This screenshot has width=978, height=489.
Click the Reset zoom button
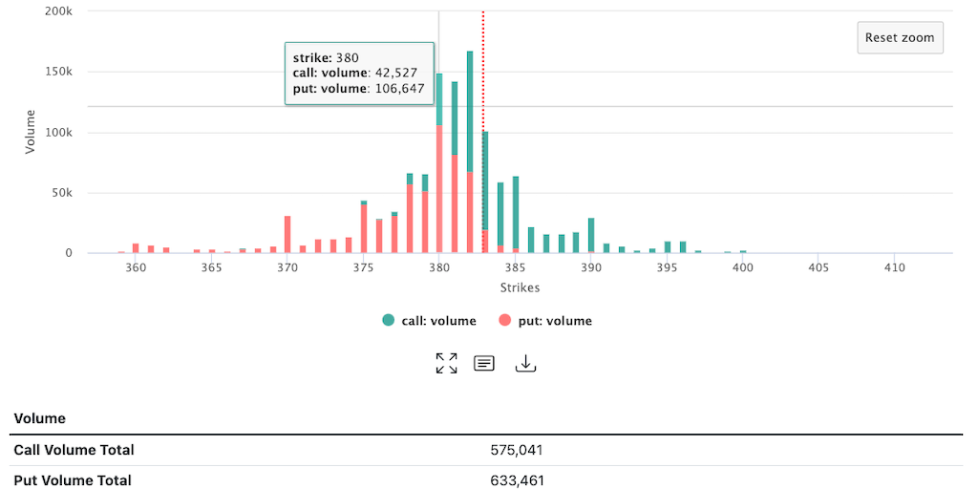point(900,38)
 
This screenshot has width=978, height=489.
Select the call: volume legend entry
point(429,321)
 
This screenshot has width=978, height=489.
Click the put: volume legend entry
point(545,321)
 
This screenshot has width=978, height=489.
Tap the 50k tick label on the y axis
point(62,193)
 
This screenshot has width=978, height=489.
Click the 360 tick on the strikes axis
point(136,267)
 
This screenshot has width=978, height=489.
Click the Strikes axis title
point(520,287)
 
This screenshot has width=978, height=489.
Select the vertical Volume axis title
point(30,132)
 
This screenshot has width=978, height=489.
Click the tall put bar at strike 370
point(287,235)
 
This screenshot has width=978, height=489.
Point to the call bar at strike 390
point(591,235)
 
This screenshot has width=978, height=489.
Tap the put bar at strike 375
point(364,229)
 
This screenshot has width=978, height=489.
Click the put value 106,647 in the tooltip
point(397,89)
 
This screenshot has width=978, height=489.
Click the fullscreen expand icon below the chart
point(446,363)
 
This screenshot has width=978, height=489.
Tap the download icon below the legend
point(525,363)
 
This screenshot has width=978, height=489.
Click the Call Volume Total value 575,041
point(517,450)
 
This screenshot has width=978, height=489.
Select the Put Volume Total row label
point(73,480)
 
